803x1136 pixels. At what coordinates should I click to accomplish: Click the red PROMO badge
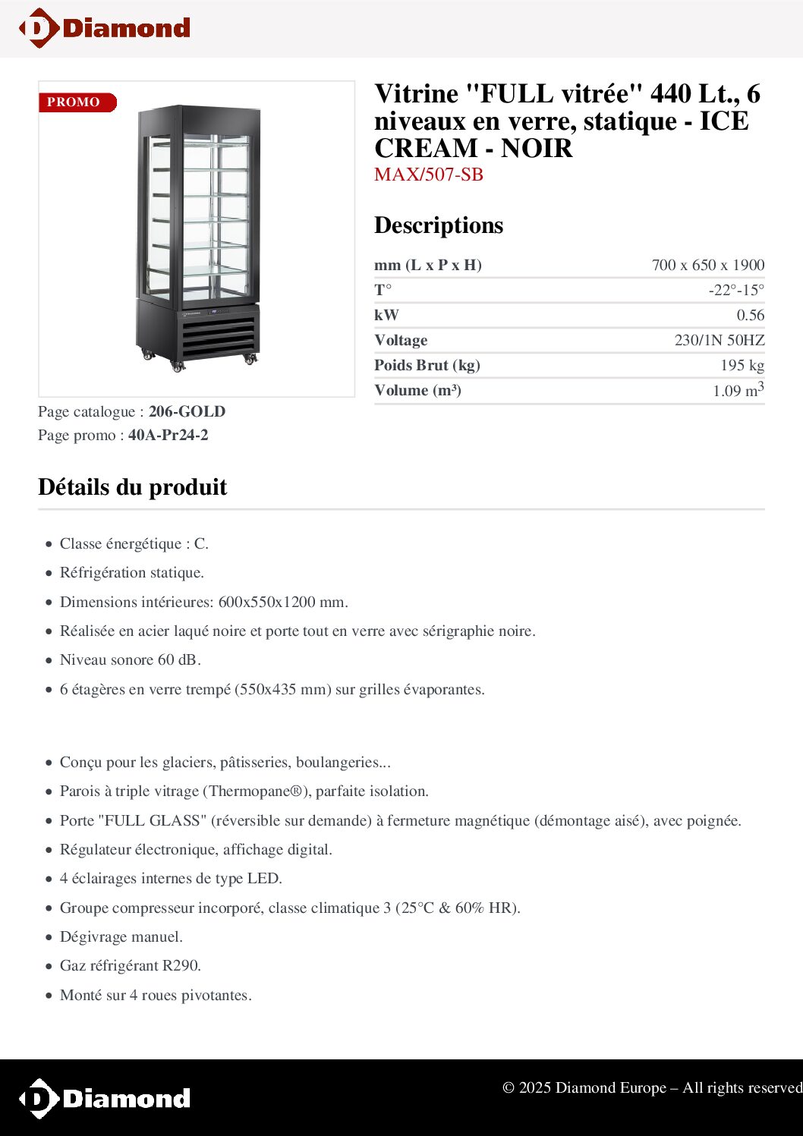77,102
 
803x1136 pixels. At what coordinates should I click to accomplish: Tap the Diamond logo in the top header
105,29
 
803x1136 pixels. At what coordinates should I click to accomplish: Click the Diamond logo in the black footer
105,1098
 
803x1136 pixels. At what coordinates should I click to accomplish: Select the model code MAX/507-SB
429,175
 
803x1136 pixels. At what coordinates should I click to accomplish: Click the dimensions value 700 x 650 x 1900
707,265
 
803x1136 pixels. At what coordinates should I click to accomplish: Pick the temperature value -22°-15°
736,290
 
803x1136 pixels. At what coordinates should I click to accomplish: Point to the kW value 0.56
750,315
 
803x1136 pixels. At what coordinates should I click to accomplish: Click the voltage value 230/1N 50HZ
719,340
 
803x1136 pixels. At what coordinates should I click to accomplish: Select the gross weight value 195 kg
742,365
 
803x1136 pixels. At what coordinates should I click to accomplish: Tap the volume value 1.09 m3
738,390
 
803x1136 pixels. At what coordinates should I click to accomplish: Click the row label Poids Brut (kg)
427,365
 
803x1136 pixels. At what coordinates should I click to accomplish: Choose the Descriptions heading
439,225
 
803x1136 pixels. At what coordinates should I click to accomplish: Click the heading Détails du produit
133,487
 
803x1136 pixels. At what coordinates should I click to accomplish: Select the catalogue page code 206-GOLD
187,411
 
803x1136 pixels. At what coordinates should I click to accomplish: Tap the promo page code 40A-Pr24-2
168,435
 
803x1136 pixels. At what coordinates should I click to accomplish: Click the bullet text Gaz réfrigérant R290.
131,965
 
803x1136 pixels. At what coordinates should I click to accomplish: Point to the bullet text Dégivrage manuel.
121,936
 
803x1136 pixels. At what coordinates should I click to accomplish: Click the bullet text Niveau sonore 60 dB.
131,659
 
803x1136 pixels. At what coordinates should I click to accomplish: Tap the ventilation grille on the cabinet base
219,336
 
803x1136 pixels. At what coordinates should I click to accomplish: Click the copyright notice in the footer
652,1087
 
